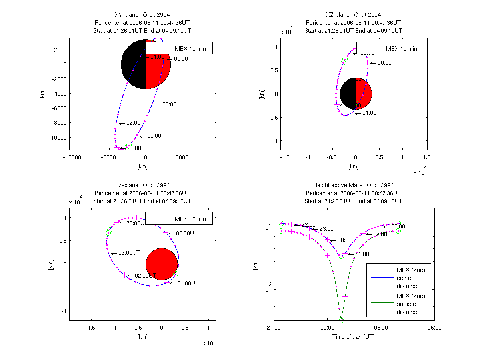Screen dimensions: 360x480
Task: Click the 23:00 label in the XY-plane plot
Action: pos(170,104)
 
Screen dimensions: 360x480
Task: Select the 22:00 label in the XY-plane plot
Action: pos(154,136)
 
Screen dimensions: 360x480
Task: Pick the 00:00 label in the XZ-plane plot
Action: pos(384,63)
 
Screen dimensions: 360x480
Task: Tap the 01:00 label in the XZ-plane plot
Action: pos(369,113)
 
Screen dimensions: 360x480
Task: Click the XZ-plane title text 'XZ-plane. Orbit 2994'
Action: pos(353,15)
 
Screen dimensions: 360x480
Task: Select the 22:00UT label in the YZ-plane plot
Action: pos(136,223)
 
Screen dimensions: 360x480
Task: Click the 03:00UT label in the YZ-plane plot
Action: pos(129,253)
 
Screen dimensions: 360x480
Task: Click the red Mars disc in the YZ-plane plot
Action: pos(162,264)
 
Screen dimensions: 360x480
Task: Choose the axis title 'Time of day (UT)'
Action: pos(353,337)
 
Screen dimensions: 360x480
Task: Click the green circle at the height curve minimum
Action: pos(341,320)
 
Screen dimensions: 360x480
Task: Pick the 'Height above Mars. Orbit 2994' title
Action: pos(353,185)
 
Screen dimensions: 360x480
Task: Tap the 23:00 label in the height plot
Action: pos(326,229)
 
